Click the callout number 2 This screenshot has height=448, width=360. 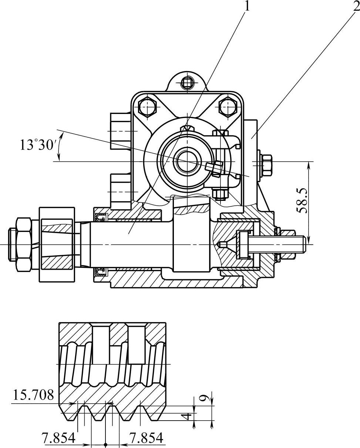coord(356,6)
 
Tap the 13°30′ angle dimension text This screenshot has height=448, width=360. coord(37,145)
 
